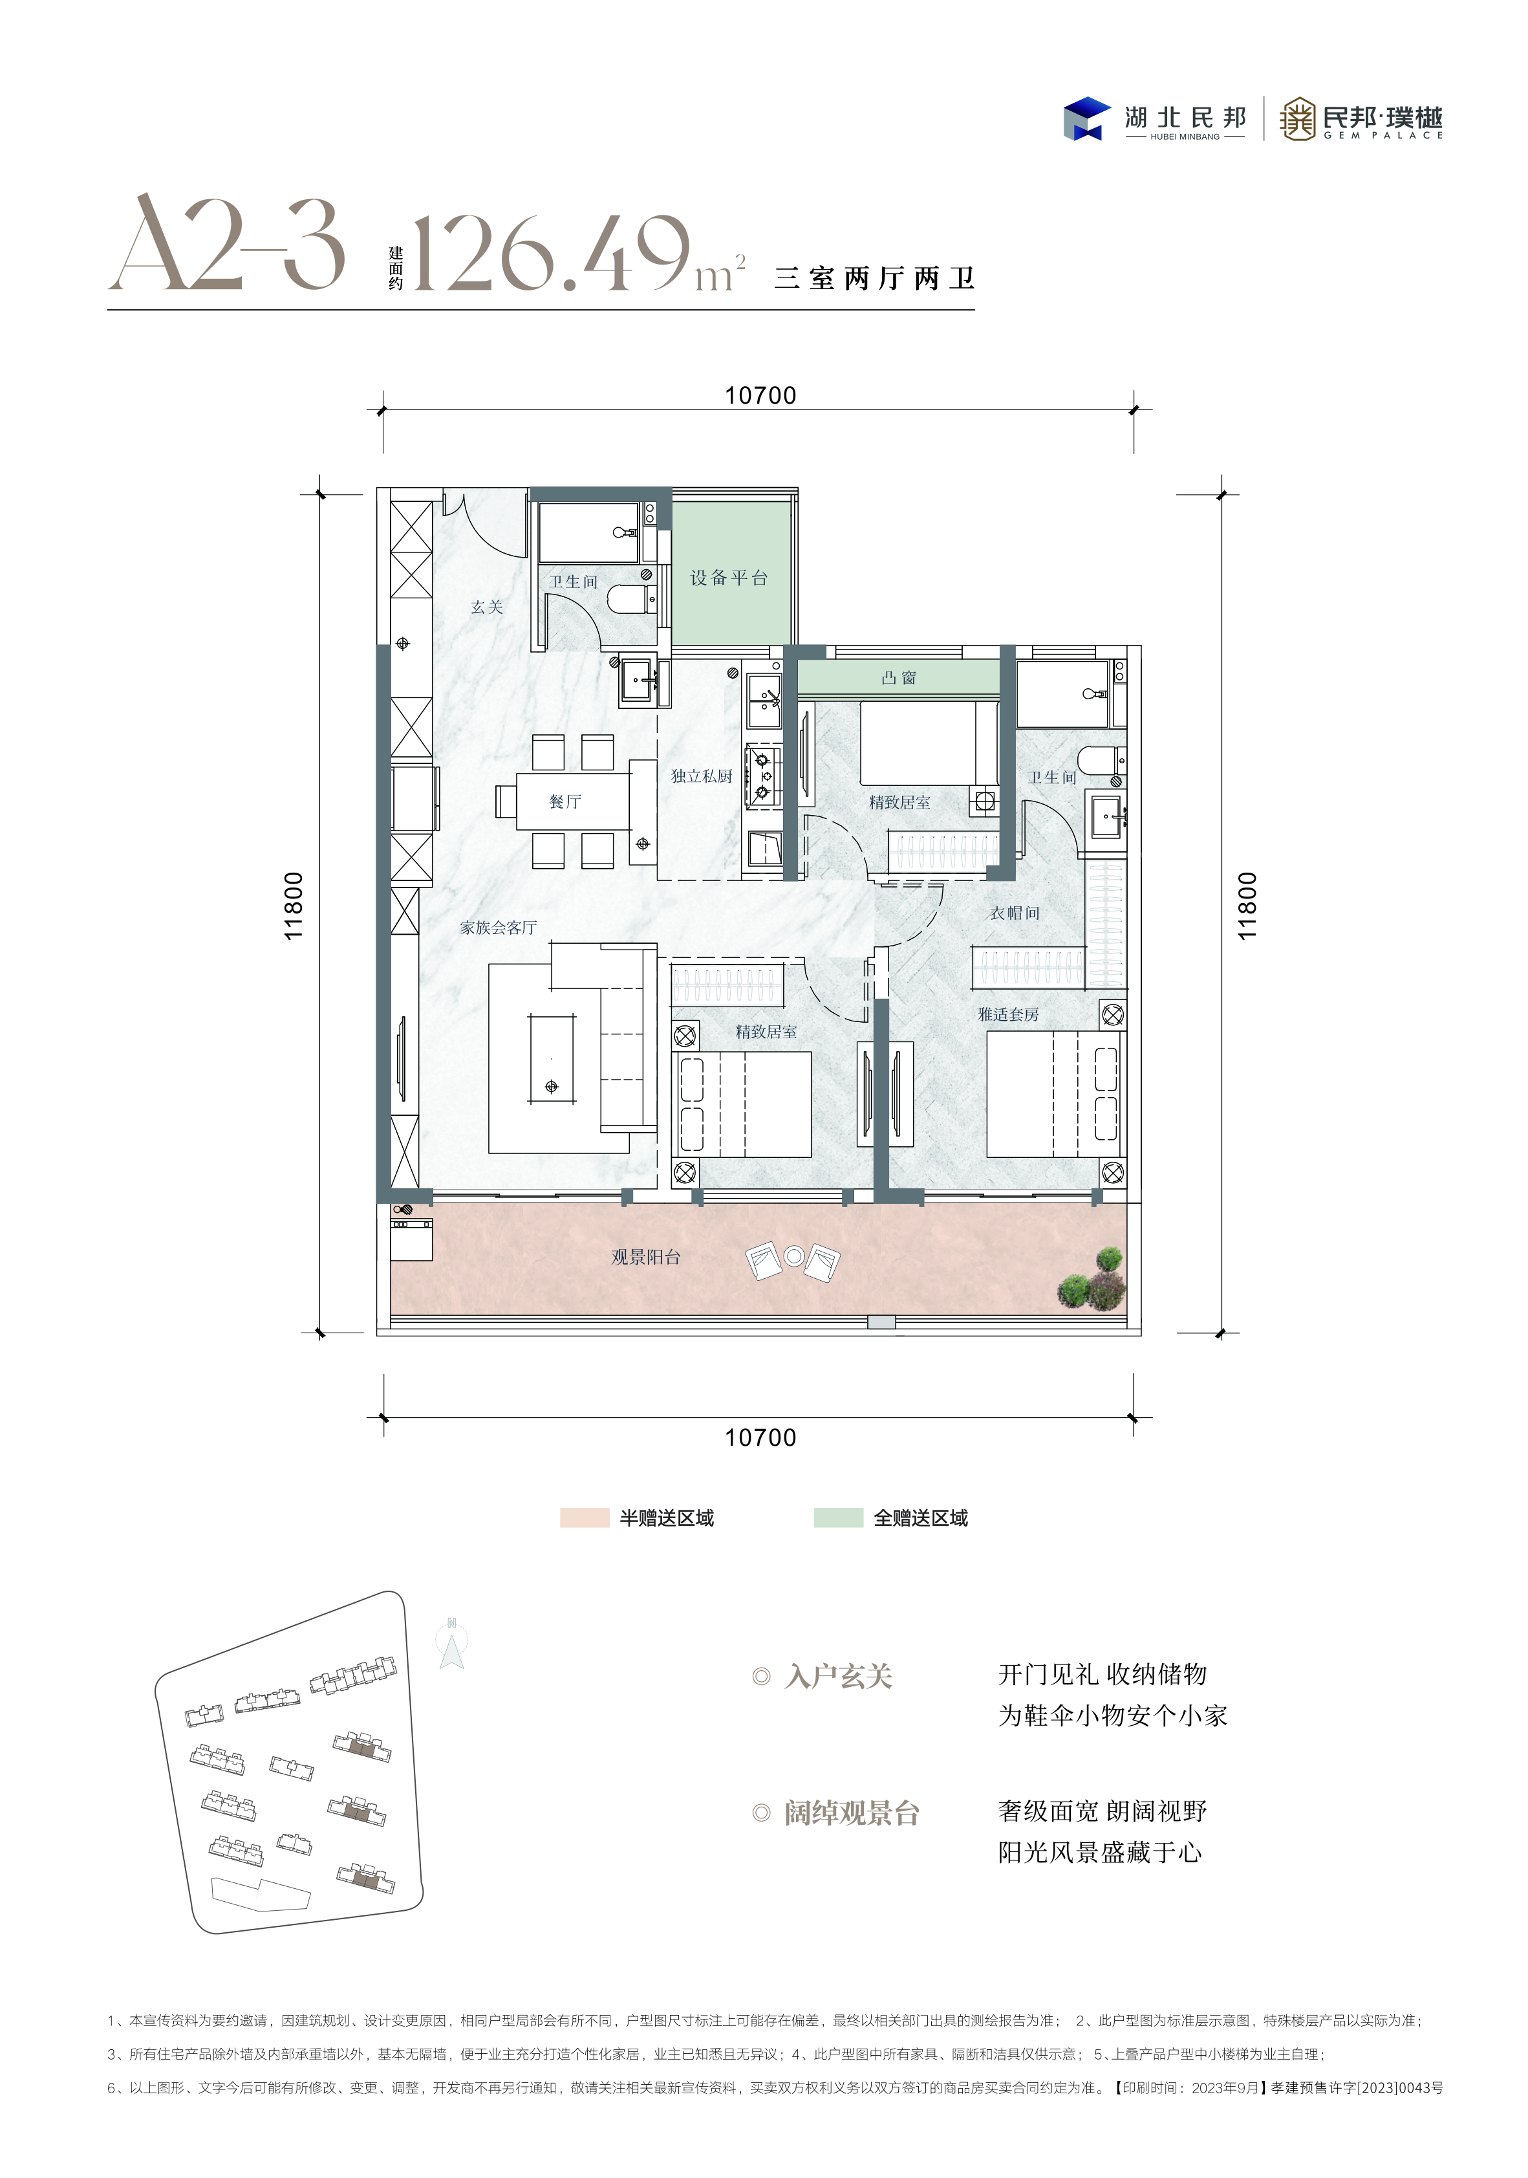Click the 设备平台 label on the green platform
tap(728, 578)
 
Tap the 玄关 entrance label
tap(486, 607)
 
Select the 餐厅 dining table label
tap(565, 801)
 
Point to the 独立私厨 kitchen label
tap(702, 776)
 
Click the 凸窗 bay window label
tap(898, 677)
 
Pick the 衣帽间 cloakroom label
tap(1015, 913)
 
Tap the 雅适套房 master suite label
tap(1008, 1014)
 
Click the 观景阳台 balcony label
tap(646, 1257)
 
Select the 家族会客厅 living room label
tap(498, 928)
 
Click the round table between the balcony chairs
tap(794, 1257)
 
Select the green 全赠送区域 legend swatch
tap(839, 1518)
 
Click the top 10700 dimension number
tap(760, 396)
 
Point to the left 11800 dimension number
tap(294, 906)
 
